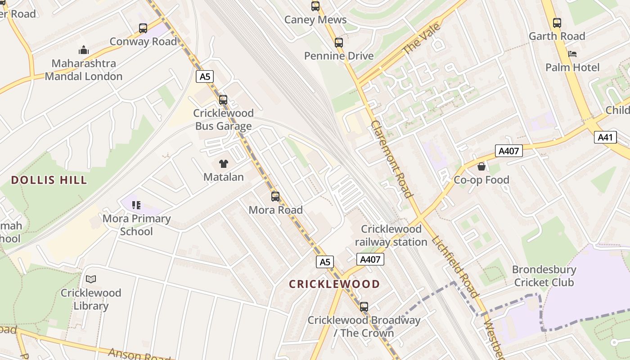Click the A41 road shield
[x=605, y=137]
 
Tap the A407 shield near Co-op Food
[x=509, y=151]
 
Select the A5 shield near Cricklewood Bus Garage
[x=205, y=76]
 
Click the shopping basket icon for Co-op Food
[x=481, y=167]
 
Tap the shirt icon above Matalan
[x=224, y=164]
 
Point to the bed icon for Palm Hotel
[x=572, y=54]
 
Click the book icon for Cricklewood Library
[x=91, y=279]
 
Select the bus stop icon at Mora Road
[x=275, y=197]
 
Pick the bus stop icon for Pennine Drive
[x=339, y=43]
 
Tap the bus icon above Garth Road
[x=557, y=23]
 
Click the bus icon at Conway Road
[x=143, y=28]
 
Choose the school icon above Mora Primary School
[x=136, y=206]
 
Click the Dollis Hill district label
[x=49, y=180]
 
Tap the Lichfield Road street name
[x=455, y=266]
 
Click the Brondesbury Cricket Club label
[x=544, y=276]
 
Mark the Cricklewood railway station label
[x=391, y=235]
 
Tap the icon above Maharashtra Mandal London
[x=83, y=50]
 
